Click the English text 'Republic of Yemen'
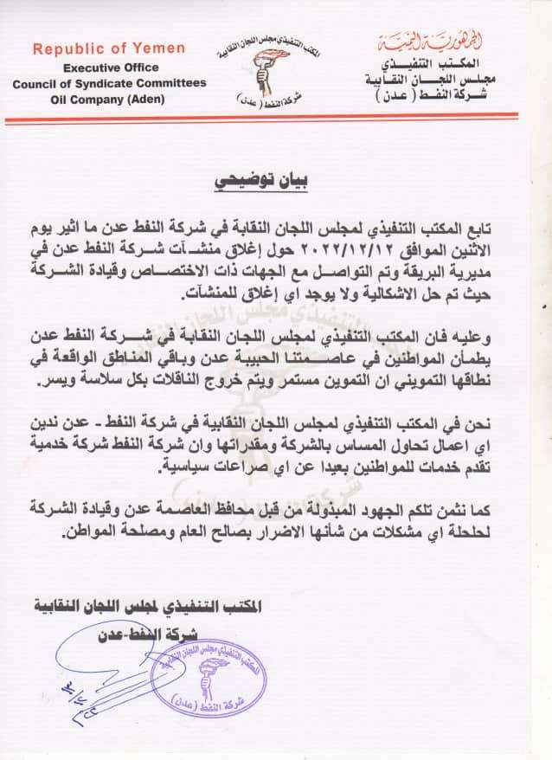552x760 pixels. [x=108, y=49]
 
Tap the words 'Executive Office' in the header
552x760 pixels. [x=109, y=67]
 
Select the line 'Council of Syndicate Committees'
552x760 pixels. [x=109, y=82]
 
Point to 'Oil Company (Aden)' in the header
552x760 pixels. [x=109, y=98]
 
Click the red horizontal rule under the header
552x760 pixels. [x=276, y=116]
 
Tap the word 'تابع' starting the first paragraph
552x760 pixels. [x=504, y=229]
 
